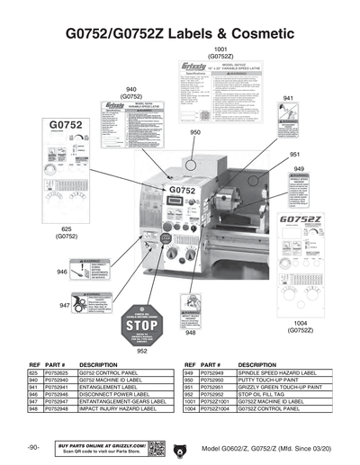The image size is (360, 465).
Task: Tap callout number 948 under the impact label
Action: (191, 333)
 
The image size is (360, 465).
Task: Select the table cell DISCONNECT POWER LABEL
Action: (114, 394)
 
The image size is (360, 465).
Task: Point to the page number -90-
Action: (33, 447)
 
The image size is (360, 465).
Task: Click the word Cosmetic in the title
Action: (254, 33)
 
